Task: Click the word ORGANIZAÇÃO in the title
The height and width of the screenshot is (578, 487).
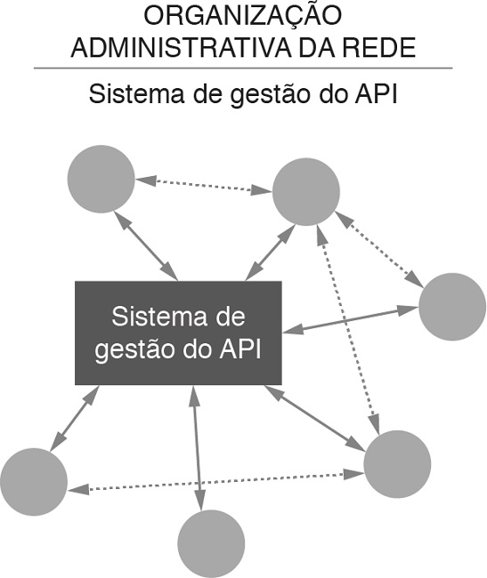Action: click(242, 16)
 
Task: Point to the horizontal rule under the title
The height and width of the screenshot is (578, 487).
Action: click(242, 68)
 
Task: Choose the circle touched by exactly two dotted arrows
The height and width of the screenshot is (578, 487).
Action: click(397, 463)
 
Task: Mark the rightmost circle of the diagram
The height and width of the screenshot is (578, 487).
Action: click(451, 307)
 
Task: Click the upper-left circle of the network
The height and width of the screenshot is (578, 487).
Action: click(101, 178)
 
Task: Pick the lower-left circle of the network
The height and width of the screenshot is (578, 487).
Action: click(34, 481)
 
